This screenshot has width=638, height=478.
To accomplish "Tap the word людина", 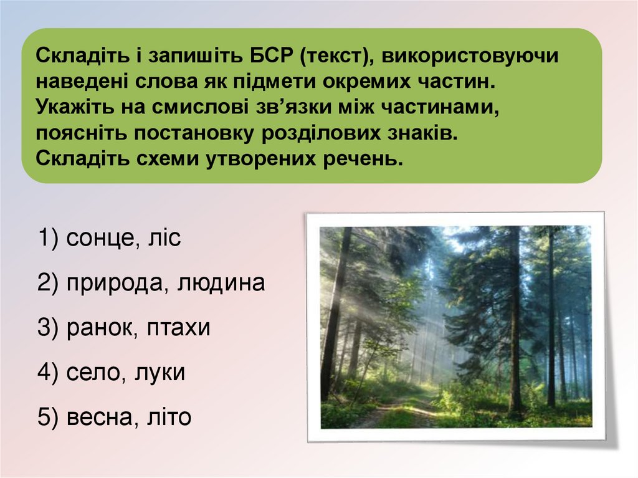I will (221, 284).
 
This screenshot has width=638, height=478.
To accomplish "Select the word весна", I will (97, 418).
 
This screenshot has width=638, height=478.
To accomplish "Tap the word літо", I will (166, 418).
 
